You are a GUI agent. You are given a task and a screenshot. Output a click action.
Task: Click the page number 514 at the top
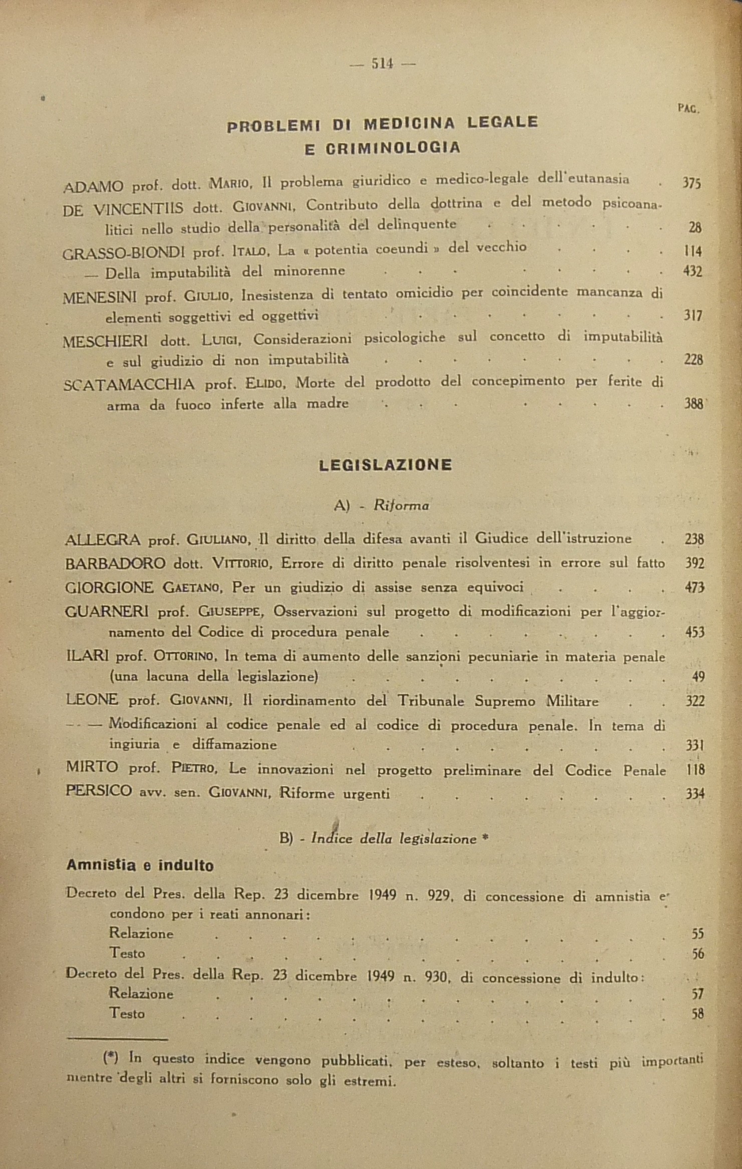coord(382,64)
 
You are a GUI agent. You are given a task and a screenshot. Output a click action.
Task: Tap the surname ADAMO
coord(94,186)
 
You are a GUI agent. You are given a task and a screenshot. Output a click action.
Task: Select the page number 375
coord(691,183)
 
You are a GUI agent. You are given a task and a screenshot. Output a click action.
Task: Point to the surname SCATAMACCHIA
coord(129,385)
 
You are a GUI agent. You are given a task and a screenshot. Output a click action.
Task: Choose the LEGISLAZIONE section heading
coord(385,465)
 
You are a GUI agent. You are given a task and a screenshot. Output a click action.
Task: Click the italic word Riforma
coord(401,506)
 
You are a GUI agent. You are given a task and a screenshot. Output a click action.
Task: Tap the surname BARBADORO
coord(115,563)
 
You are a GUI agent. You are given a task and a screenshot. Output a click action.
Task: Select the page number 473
coord(694,588)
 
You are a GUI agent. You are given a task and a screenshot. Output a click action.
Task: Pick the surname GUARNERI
coord(106,612)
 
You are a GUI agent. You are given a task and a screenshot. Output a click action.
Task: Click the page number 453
coord(694,632)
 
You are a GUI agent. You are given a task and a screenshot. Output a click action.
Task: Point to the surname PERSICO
coord(99,791)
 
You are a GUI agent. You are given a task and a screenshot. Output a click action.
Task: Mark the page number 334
coord(694,794)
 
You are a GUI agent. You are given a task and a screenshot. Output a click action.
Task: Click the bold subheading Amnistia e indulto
coord(140,865)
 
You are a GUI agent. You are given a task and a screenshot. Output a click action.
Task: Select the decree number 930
coord(434,977)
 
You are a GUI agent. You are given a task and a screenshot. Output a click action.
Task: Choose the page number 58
coord(697,1014)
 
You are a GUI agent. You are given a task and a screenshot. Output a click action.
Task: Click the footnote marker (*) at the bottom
coord(110,1058)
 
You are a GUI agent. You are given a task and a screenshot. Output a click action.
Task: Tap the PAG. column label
coord(688,108)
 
